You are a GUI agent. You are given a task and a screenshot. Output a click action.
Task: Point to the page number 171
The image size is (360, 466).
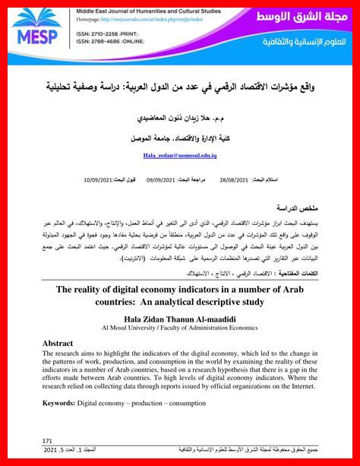tap(47, 440)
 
